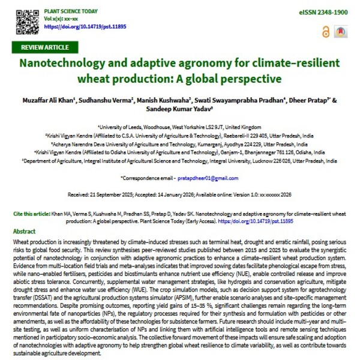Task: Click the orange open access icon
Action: [x=327, y=31]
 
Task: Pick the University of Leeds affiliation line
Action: [x=180, y=127]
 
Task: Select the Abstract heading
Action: [x=24, y=231]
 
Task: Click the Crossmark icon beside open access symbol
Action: [x=340, y=31]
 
